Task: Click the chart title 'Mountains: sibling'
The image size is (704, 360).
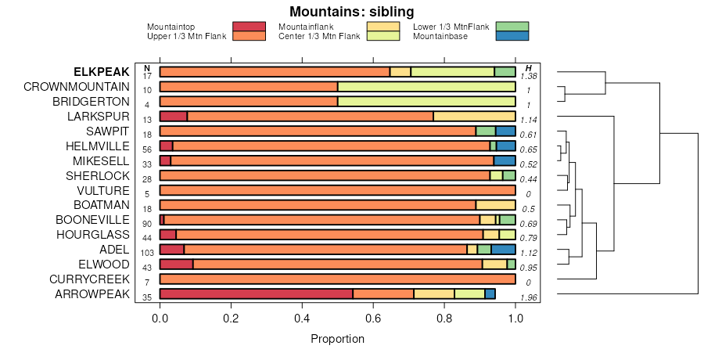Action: click(x=351, y=12)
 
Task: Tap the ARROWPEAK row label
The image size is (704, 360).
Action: click(x=92, y=293)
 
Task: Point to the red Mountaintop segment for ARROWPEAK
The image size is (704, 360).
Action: click(x=256, y=293)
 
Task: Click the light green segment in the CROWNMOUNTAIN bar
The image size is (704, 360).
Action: click(x=426, y=86)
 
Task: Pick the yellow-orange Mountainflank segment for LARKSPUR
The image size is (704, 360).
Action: click(x=474, y=116)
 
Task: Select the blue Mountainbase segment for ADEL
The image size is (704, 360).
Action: click(x=503, y=249)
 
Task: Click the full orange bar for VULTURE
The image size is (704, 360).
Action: click(x=337, y=190)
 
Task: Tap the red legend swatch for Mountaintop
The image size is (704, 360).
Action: click(x=250, y=27)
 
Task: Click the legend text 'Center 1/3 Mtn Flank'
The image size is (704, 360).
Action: click(x=319, y=36)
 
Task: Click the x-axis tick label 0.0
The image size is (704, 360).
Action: click(x=160, y=319)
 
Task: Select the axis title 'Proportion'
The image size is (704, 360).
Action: click(x=337, y=339)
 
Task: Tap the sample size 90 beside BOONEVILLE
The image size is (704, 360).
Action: click(x=147, y=224)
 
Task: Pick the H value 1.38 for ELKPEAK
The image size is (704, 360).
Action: click(x=530, y=76)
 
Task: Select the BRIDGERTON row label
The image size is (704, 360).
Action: click(x=91, y=101)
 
